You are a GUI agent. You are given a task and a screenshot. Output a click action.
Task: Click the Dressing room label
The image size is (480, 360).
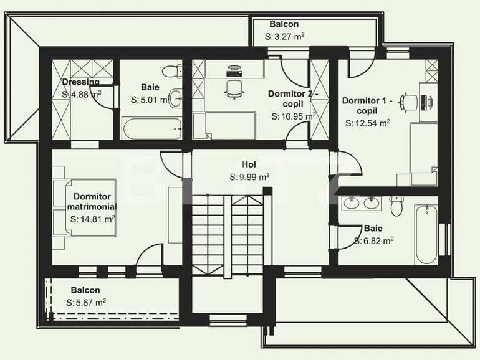pyautogui.click(x=80, y=82)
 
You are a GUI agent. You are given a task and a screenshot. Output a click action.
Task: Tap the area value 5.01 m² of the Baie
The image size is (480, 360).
pyautogui.click(x=150, y=100)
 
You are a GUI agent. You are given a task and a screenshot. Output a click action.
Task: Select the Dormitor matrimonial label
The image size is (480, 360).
pyautogui.click(x=92, y=201)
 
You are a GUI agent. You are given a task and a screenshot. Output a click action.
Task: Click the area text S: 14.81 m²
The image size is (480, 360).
pyautogui.click(x=93, y=219)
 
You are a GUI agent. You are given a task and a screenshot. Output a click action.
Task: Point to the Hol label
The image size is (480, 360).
pyautogui.click(x=249, y=165)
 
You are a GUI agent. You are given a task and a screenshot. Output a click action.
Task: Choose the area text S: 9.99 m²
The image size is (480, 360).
pyautogui.click(x=249, y=177)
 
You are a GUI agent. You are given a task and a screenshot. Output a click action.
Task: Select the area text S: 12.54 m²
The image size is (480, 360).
pyautogui.click(x=368, y=123)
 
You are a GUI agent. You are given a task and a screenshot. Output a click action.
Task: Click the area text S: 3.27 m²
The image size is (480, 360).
pyautogui.click(x=284, y=37)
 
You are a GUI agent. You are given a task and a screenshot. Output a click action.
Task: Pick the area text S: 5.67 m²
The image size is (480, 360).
pyautogui.click(x=85, y=303)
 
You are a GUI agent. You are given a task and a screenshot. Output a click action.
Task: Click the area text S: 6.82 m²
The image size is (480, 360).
pyautogui.click(x=374, y=240)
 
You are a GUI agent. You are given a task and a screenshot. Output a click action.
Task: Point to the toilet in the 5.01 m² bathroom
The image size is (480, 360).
pyautogui.click(x=168, y=70)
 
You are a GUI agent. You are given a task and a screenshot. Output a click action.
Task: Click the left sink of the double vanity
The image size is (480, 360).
pyautogui.click(x=351, y=202)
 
